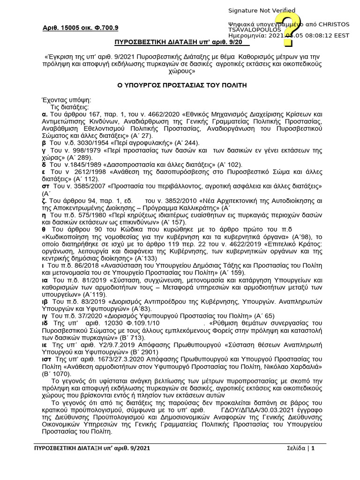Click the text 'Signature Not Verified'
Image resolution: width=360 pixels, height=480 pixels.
(262, 11)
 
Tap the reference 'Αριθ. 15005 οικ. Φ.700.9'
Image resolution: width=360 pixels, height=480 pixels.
(81, 28)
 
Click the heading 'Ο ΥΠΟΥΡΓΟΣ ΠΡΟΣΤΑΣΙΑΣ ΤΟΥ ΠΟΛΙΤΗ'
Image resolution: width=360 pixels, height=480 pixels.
(181, 85)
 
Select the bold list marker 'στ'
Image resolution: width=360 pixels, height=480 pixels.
(45, 186)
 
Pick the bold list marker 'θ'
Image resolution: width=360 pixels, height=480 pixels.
(44, 230)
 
